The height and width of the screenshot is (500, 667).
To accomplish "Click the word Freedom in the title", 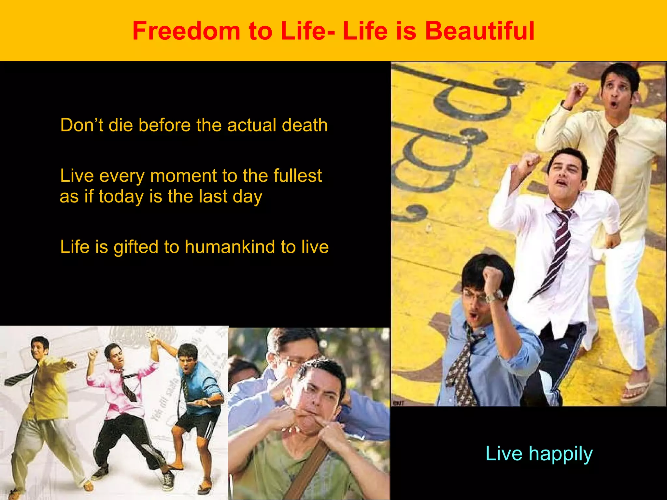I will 186,31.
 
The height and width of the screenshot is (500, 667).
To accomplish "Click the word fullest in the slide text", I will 297,176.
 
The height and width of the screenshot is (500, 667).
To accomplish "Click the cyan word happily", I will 560,454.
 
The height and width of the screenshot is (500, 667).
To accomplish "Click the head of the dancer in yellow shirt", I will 40,347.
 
